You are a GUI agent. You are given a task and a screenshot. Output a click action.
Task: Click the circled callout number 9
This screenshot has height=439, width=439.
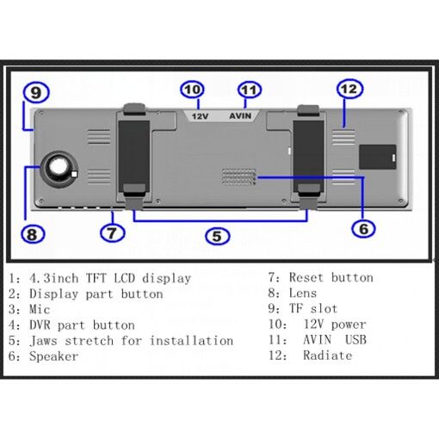point(34,91)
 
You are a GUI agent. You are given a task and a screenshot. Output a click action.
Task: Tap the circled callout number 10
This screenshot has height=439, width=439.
point(192,90)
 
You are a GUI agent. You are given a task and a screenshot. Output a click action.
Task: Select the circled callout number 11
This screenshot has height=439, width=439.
point(249,90)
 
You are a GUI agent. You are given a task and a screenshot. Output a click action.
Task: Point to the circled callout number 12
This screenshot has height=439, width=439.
point(348,89)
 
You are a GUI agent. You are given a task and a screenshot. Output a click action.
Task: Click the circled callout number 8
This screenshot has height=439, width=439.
point(31,233)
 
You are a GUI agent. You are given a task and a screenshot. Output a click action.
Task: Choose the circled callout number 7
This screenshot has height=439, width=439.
point(113,232)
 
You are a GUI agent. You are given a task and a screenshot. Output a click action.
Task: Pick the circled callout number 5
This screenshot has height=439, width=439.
point(217,235)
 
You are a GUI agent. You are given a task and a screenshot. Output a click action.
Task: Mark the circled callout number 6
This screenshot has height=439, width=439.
point(363,228)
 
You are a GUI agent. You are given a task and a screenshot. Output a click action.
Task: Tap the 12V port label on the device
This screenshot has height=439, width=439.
point(199,115)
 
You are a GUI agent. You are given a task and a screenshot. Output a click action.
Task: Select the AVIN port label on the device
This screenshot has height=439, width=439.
point(240,115)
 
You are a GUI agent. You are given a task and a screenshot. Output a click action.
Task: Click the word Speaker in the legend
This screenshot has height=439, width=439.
point(54,356)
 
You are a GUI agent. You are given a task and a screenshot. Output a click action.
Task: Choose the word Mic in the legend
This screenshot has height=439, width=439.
point(40,309)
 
